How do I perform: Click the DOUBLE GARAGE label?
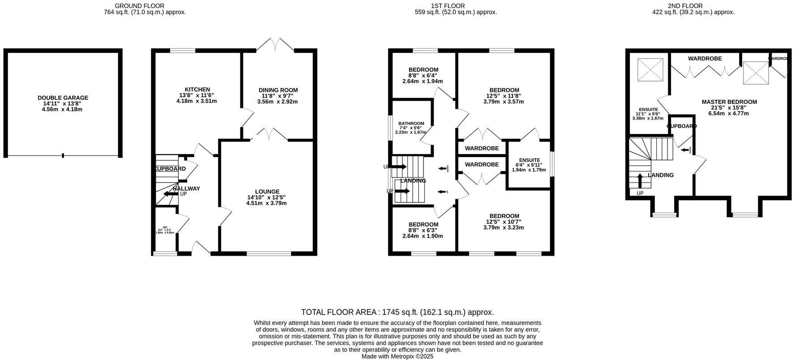63,98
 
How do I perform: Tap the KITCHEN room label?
197,90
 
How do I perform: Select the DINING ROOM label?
278,90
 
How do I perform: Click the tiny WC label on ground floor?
165,227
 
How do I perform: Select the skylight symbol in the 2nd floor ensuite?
650,70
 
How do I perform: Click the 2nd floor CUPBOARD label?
681,126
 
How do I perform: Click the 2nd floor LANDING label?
661,175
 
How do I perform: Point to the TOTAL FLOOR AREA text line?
397,312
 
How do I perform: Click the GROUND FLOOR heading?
139,6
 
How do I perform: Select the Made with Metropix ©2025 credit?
397,356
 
